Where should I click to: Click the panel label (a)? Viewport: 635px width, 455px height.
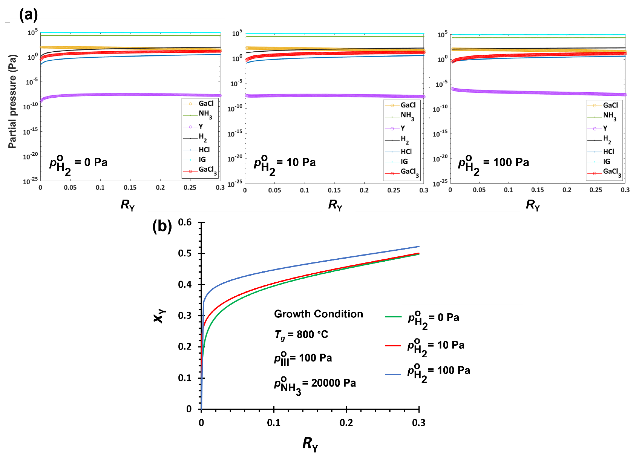point(28,15)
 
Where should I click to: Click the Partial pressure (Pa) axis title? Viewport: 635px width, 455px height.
point(12,101)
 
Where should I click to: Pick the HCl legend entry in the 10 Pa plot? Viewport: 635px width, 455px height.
point(406,152)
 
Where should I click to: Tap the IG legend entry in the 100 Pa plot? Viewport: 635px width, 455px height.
point(606,161)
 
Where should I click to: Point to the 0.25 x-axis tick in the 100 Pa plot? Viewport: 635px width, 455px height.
point(596,190)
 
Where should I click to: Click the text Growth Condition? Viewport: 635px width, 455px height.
point(318,314)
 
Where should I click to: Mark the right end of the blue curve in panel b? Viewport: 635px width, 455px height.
point(419,246)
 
